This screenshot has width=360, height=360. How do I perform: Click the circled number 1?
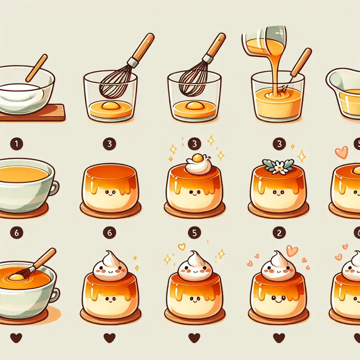coord(16,144)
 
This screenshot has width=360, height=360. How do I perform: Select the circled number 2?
coord(279,232)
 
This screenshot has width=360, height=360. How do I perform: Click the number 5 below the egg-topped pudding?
coord(194,232)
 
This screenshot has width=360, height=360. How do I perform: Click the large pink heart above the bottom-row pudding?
coord(292,250)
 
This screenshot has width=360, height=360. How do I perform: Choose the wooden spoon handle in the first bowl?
coord(36,68)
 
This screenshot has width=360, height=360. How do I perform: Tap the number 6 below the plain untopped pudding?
coord(109,232)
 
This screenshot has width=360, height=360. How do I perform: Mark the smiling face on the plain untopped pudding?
coord(110,193)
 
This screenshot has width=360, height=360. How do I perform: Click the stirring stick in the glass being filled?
coord(299,65)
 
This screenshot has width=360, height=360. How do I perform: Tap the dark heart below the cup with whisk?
coord(16,338)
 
